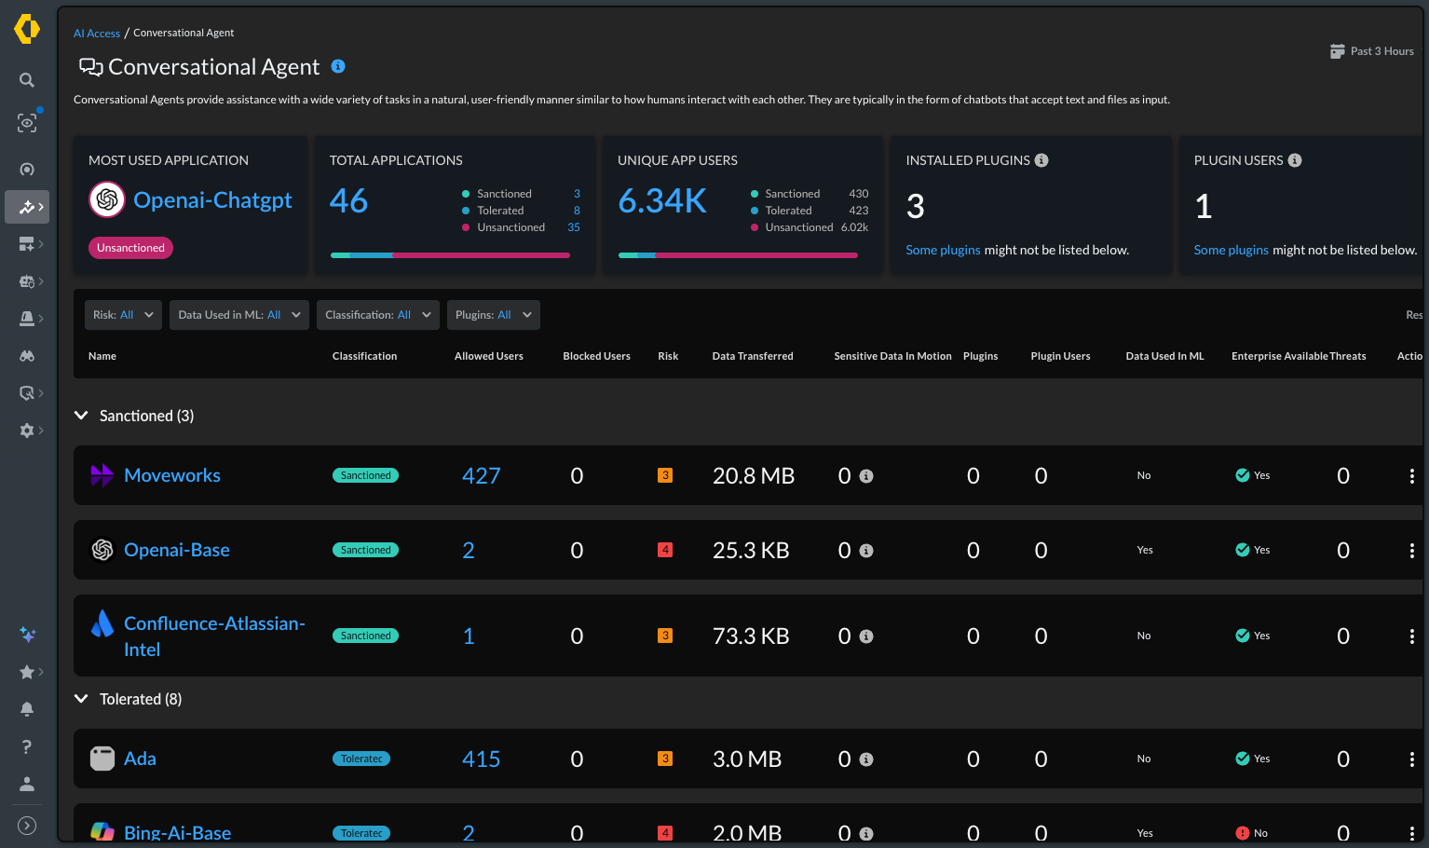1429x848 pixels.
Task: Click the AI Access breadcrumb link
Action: (96, 34)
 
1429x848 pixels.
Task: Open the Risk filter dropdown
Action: (123, 315)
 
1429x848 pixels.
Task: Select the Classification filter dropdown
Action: (377, 315)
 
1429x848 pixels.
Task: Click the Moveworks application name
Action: (172, 474)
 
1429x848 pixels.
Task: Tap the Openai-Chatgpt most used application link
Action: (212, 199)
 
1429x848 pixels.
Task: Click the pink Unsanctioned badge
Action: (130, 248)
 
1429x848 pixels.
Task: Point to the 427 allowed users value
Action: (481, 475)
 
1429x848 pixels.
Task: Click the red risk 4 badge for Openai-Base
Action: (665, 550)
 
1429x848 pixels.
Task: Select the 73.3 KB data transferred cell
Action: (751, 636)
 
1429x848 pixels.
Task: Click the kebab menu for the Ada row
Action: (1412, 759)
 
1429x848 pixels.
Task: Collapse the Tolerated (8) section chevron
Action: (81, 699)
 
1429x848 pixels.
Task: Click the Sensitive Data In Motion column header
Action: (892, 356)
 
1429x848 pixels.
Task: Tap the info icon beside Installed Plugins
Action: (1041, 160)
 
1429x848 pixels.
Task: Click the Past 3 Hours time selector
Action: (1371, 51)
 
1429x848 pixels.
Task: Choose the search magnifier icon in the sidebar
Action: (27, 80)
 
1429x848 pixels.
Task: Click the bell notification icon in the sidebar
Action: (27, 709)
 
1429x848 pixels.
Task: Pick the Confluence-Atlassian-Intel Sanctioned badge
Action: (365, 636)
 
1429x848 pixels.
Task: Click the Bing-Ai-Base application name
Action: (177, 833)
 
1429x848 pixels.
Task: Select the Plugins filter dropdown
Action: (493, 315)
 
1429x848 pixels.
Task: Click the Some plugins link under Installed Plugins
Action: (943, 250)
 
